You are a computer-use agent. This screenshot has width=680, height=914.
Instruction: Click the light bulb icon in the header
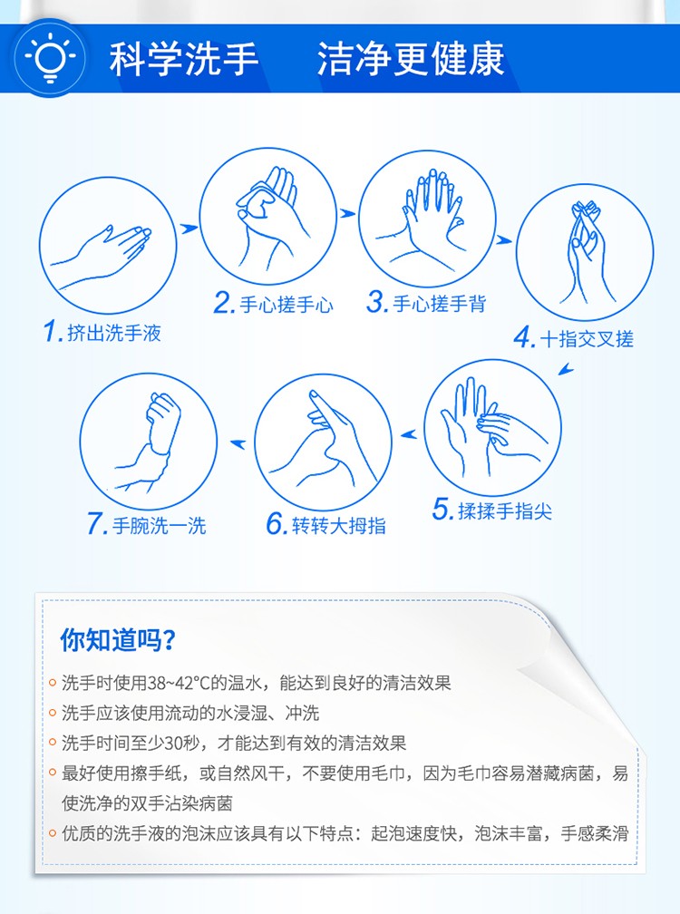click(50, 58)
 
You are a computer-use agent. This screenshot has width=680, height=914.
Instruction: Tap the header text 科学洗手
click(183, 59)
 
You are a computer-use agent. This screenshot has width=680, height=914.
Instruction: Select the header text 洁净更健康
click(411, 59)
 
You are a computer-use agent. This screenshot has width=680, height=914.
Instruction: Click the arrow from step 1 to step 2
click(189, 228)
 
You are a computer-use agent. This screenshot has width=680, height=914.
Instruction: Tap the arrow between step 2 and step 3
click(348, 213)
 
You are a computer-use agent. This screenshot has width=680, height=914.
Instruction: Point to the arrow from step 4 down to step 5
click(566, 370)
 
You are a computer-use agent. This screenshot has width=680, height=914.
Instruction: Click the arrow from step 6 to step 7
click(238, 444)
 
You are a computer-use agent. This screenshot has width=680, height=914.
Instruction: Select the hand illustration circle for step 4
click(585, 252)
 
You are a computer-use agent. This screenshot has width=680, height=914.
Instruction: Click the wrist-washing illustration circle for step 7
click(149, 442)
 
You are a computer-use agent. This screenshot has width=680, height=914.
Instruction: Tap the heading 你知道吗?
click(117, 640)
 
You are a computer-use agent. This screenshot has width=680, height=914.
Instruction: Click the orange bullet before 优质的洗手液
click(53, 833)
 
